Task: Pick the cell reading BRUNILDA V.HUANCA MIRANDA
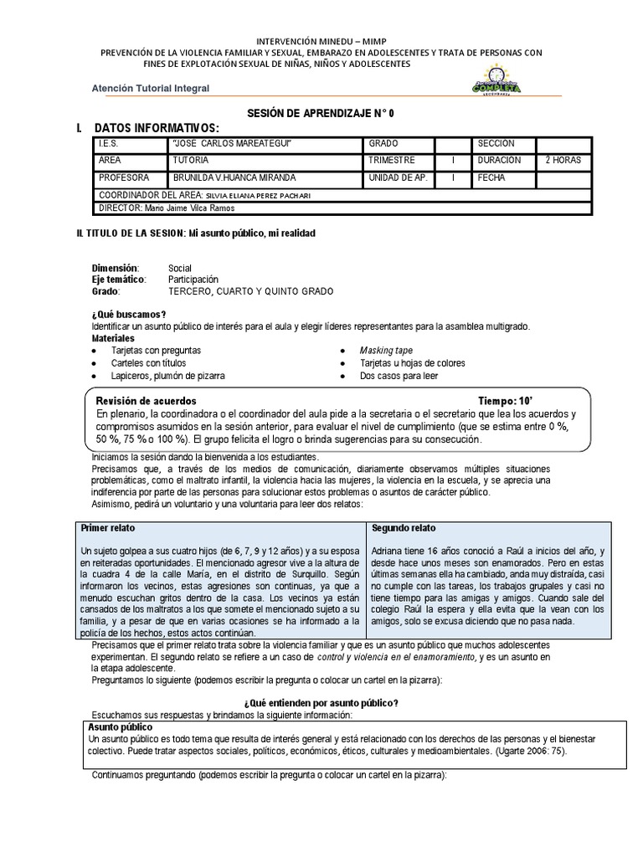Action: click(x=234, y=177)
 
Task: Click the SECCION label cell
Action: click(x=496, y=144)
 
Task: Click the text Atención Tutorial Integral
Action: click(x=150, y=89)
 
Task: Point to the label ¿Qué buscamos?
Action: click(x=128, y=314)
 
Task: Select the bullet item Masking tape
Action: click(x=386, y=350)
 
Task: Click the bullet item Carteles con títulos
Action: click(x=148, y=363)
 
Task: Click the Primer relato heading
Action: click(x=108, y=529)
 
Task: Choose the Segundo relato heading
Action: click(x=404, y=529)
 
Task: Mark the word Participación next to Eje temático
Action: click(x=193, y=279)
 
